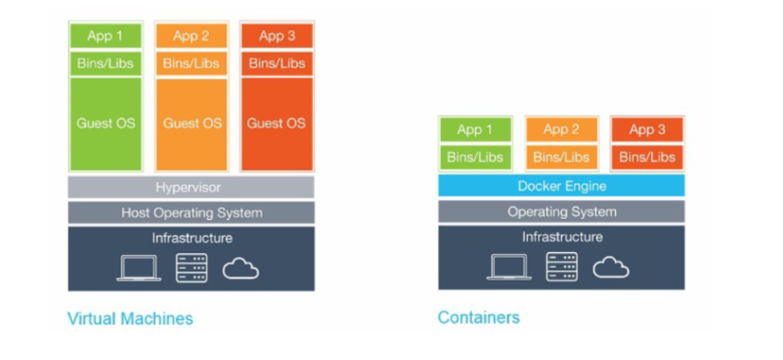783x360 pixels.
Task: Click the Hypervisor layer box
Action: point(191,187)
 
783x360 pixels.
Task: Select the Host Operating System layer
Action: point(191,213)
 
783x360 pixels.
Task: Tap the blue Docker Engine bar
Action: point(561,186)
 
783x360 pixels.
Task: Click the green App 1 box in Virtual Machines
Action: point(106,37)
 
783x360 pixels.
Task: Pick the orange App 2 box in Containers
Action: point(561,130)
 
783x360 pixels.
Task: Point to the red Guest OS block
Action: point(276,123)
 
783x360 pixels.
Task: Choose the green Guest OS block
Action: point(106,123)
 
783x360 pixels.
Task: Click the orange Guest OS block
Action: point(191,123)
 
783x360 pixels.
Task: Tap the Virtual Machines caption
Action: point(130,318)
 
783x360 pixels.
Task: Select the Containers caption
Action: point(478,317)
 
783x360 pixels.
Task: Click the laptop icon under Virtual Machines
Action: point(139,268)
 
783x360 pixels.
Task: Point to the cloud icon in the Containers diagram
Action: point(611,267)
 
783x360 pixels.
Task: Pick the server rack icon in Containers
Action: point(561,266)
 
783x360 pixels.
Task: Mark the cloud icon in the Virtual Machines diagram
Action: point(241,269)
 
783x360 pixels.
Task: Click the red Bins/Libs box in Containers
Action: point(646,157)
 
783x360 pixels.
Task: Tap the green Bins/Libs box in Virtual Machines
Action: point(106,63)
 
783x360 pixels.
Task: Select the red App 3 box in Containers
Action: point(646,130)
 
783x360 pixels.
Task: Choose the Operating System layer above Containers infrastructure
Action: point(561,212)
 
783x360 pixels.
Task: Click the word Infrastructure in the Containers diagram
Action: point(561,237)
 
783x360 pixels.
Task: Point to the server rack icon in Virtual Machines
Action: point(191,267)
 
